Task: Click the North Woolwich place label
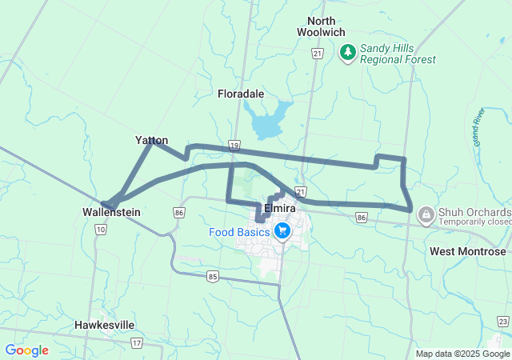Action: pyautogui.click(x=321, y=26)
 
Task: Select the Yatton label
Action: pyautogui.click(x=151, y=140)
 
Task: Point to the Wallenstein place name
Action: pyautogui.click(x=111, y=213)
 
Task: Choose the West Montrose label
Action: pyautogui.click(x=468, y=251)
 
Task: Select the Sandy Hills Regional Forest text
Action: pyautogui.click(x=398, y=54)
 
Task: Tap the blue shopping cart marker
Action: pyautogui.click(x=282, y=231)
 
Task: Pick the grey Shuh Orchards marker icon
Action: pyautogui.click(x=426, y=214)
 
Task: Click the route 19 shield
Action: pyautogui.click(x=234, y=146)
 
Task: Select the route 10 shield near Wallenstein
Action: pyautogui.click(x=100, y=230)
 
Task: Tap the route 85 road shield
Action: pyautogui.click(x=212, y=277)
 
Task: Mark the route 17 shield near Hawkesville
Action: pyautogui.click(x=137, y=343)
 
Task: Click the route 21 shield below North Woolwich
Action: pyautogui.click(x=318, y=53)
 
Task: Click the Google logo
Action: pyautogui.click(x=26, y=350)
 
